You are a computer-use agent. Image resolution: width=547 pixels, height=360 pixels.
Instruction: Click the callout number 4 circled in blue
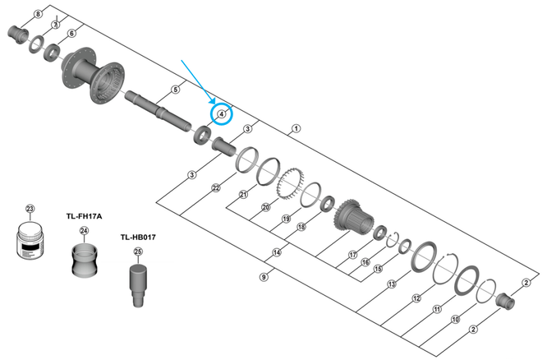[x=222, y=113]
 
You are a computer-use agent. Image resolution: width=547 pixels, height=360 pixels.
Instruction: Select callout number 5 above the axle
[x=175, y=89]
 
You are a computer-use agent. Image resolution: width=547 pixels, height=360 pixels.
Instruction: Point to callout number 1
[x=296, y=129]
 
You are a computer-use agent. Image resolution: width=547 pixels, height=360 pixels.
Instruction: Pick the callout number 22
[x=216, y=188]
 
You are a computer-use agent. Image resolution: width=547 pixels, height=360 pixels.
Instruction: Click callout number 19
[x=287, y=219]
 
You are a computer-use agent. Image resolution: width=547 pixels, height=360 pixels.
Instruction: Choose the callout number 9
[x=264, y=277]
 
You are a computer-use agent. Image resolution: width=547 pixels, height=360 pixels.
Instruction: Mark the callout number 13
[x=391, y=284]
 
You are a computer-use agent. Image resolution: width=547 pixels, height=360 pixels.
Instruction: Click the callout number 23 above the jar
[x=30, y=208]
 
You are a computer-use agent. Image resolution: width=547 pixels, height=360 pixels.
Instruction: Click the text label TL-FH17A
[x=83, y=216]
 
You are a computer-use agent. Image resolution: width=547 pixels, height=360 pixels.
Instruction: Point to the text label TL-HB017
[x=137, y=238]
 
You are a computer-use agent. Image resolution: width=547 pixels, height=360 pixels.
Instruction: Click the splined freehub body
[x=356, y=215]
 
